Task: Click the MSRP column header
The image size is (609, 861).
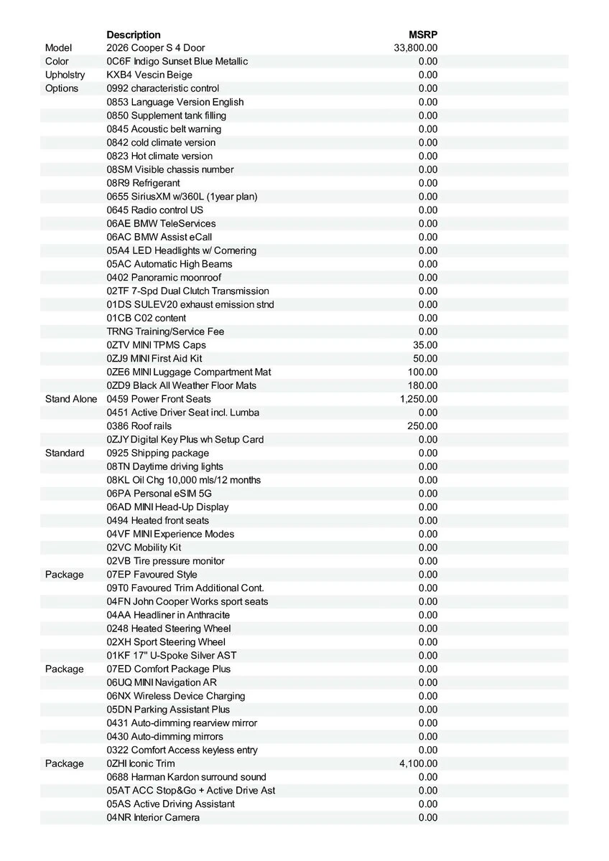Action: coord(423,34)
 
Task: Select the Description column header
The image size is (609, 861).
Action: coord(134,34)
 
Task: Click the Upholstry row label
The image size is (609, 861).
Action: coord(65,75)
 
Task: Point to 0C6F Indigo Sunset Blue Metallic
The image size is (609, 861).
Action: coord(177,62)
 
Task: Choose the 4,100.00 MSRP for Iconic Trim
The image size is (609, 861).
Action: coord(418,763)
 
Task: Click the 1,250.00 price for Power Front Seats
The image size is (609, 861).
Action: coord(418,399)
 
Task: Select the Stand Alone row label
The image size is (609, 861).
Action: coord(71,399)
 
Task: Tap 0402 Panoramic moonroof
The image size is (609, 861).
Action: coord(164,278)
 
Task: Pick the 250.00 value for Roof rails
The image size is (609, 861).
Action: coord(422,426)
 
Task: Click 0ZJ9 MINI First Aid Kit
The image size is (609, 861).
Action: coord(154,359)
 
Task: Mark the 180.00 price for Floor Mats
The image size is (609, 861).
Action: coord(422,386)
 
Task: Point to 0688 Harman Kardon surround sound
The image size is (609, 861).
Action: coord(186,777)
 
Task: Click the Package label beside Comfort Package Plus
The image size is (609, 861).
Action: coord(64,669)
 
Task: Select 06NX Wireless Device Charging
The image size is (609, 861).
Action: coord(176,696)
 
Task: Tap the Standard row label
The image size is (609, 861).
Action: coord(65,453)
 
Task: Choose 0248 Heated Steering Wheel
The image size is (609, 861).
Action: coord(169,629)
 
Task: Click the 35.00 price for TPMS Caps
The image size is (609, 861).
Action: coord(425,345)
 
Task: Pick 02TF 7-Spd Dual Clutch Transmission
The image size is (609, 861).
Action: coord(187,291)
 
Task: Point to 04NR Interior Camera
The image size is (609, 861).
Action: coord(153,818)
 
